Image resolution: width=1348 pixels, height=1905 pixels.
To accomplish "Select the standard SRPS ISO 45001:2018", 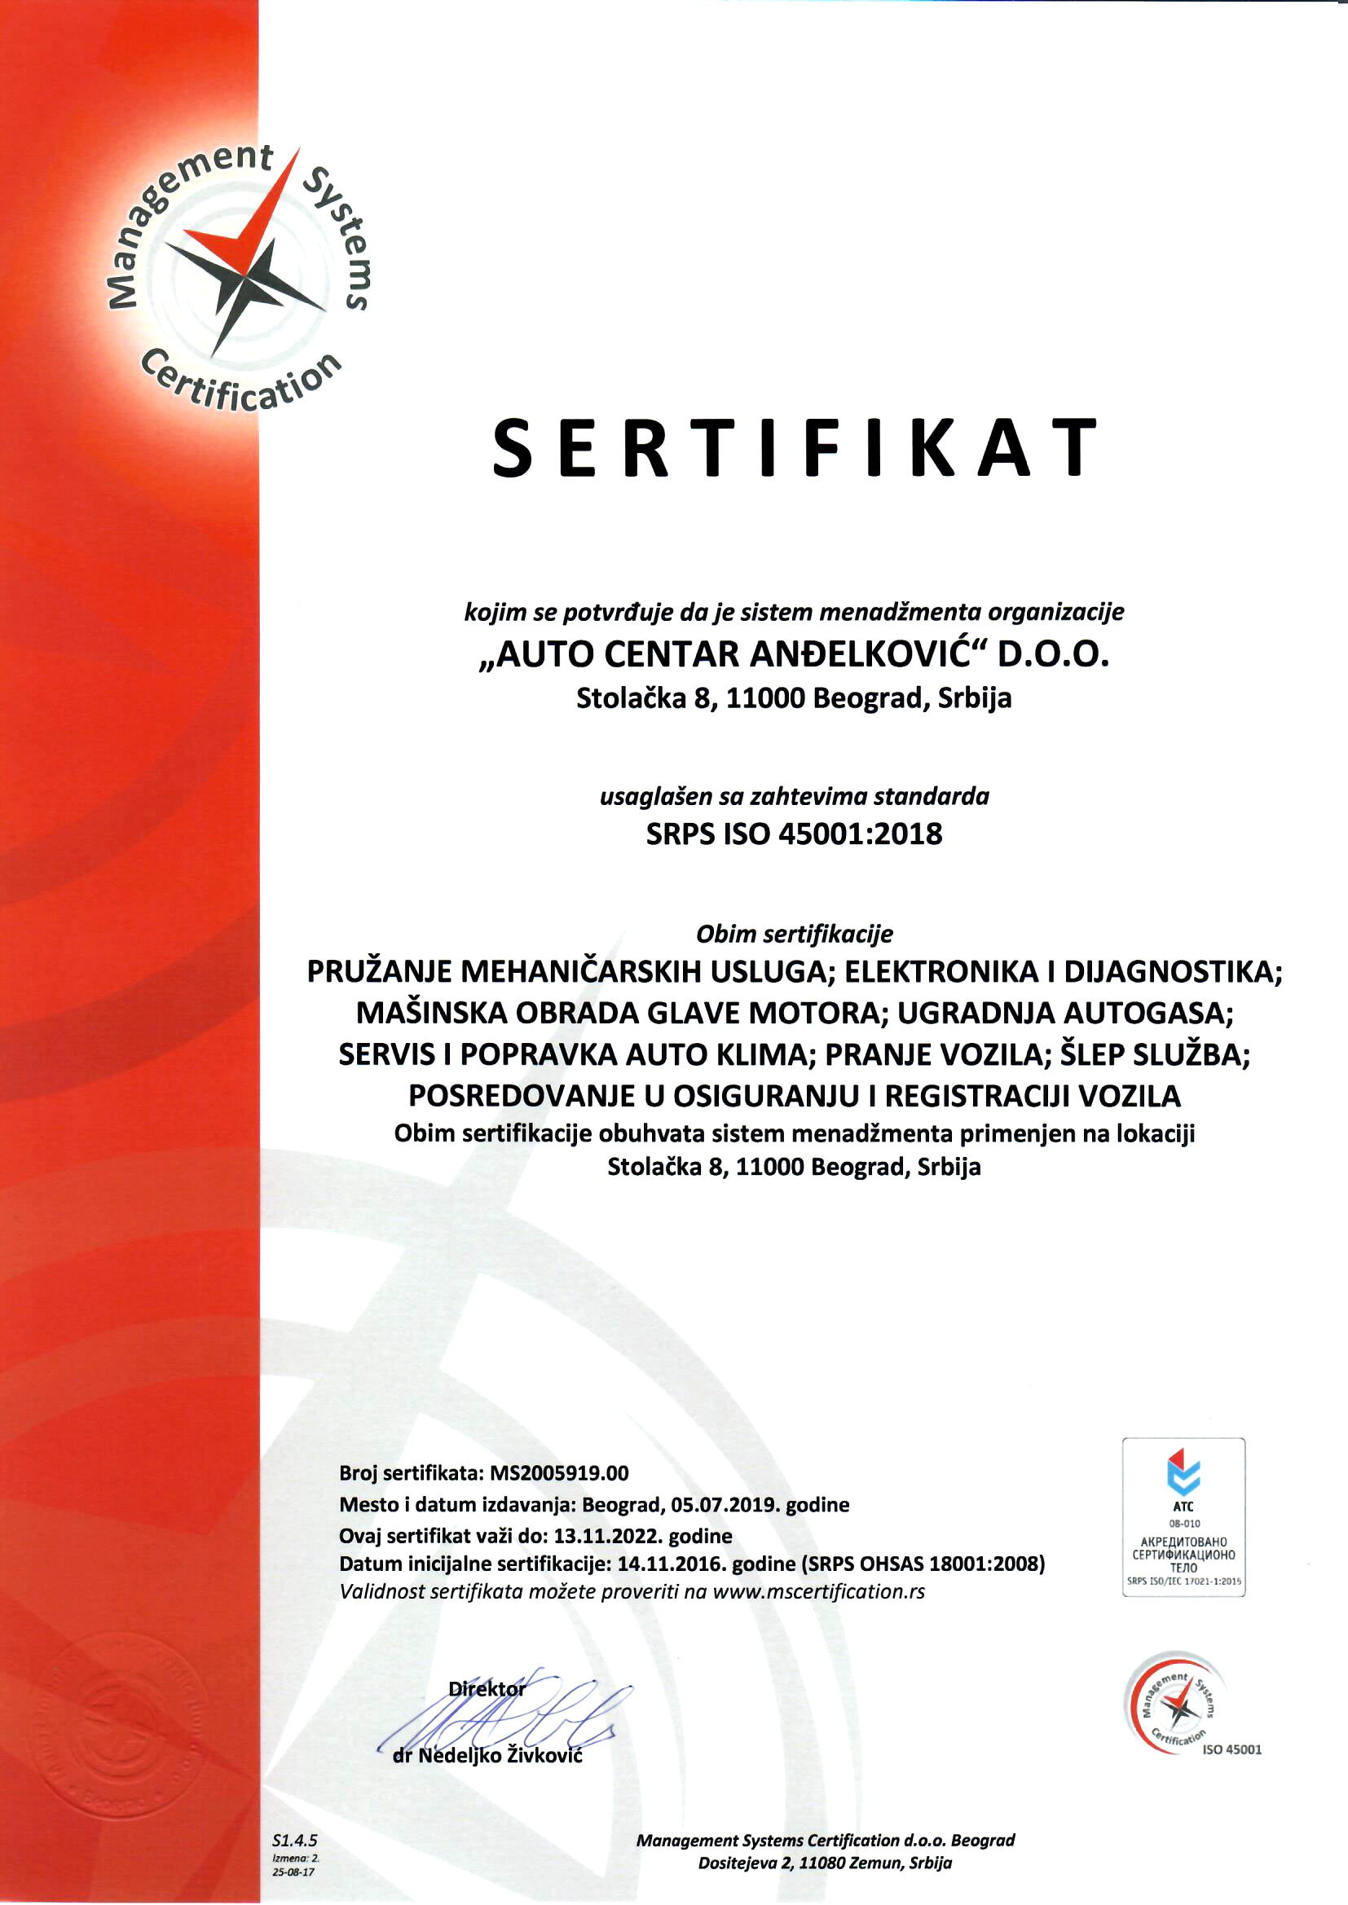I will tap(795, 834).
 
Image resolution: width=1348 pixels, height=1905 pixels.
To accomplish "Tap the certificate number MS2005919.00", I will tap(558, 1472).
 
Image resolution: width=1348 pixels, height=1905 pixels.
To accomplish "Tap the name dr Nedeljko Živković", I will tap(487, 1755).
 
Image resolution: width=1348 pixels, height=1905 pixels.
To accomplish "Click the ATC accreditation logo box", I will tap(1183, 1517).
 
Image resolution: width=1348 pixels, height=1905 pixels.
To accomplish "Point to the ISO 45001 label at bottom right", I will tap(1231, 1750).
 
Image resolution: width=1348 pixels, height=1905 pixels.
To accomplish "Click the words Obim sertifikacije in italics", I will tap(795, 935).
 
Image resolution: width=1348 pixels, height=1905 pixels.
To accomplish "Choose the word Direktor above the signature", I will tap(487, 1688).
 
